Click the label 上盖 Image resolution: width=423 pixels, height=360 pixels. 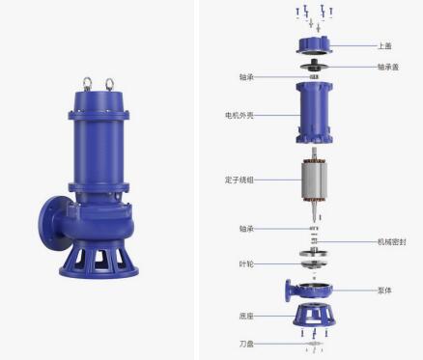[x=384, y=46]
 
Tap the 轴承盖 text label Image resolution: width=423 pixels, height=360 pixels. [x=388, y=67]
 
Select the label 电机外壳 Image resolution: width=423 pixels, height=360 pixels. [x=240, y=115]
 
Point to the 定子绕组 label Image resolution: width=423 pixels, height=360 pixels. [x=240, y=180]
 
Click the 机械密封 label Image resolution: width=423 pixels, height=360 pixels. [x=391, y=241]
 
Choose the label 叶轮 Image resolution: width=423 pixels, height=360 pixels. [x=246, y=264]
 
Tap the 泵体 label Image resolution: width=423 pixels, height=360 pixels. [x=384, y=291]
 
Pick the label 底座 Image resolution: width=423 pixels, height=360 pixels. [x=246, y=316]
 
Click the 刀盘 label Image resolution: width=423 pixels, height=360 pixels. [x=246, y=344]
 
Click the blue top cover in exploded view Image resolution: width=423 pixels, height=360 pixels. [x=314, y=45]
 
